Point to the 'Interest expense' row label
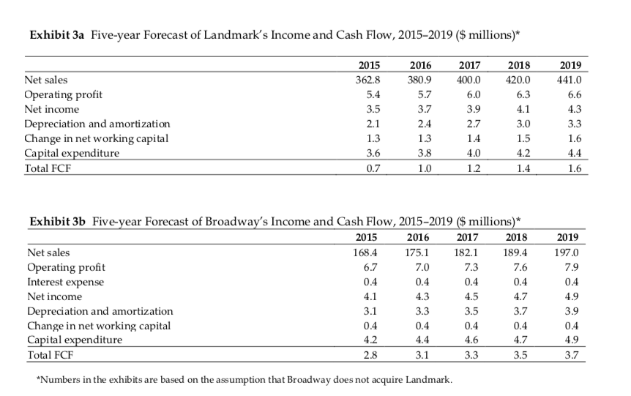[65, 282]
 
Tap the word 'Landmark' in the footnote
[427, 380]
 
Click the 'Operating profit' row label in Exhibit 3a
[64, 94]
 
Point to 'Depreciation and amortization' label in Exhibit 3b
[100, 312]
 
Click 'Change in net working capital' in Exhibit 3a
[97, 139]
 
